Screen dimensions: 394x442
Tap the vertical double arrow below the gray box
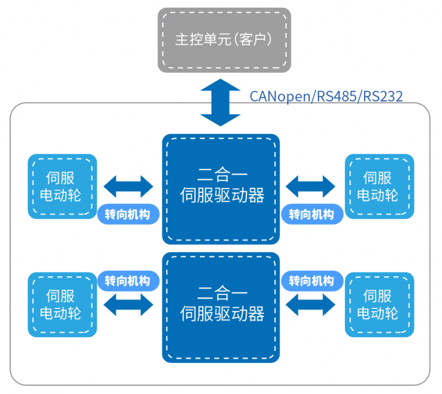[x=220, y=102]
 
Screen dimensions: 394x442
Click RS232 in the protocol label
[x=381, y=96]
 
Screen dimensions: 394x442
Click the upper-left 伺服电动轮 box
[x=62, y=186]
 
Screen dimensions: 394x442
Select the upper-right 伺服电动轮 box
[x=379, y=186]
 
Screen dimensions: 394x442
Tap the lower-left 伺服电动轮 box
[x=62, y=304]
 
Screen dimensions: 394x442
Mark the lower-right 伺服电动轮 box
[x=379, y=304]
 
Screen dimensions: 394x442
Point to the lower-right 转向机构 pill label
[x=312, y=280]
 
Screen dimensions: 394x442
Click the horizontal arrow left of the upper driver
[x=129, y=187]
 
